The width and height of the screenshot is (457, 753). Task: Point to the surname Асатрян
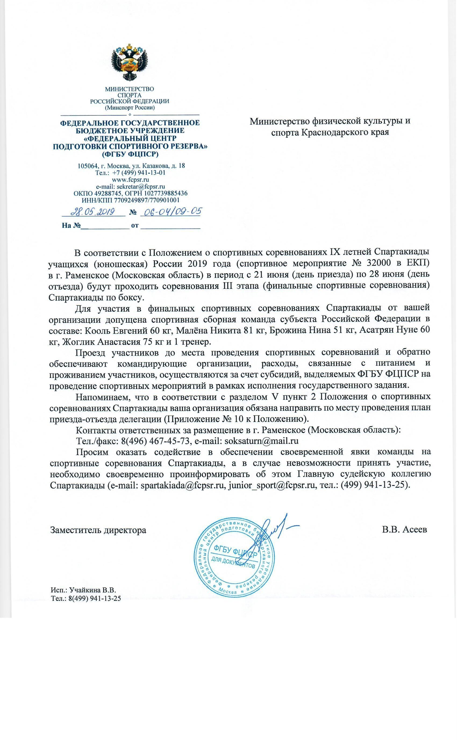(x=375, y=330)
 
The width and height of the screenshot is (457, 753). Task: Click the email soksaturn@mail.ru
(x=261, y=441)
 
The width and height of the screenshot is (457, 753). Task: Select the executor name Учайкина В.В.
(x=92, y=590)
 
